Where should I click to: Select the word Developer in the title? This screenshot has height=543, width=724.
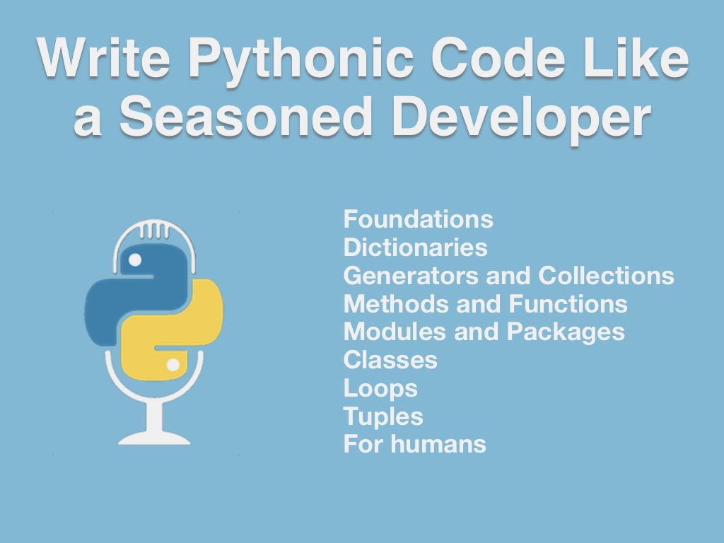click(x=520, y=118)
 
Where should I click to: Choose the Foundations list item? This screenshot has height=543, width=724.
click(x=418, y=219)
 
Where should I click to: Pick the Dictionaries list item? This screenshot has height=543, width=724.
click(x=415, y=247)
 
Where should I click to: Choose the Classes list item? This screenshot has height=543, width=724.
click(x=390, y=360)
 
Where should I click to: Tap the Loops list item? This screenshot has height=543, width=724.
click(x=380, y=389)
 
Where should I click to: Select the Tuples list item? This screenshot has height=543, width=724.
click(x=383, y=417)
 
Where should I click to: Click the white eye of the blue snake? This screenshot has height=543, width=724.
click(x=134, y=260)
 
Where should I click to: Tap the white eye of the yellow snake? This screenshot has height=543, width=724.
click(x=173, y=365)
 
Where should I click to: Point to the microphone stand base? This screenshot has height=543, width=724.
click(x=154, y=437)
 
